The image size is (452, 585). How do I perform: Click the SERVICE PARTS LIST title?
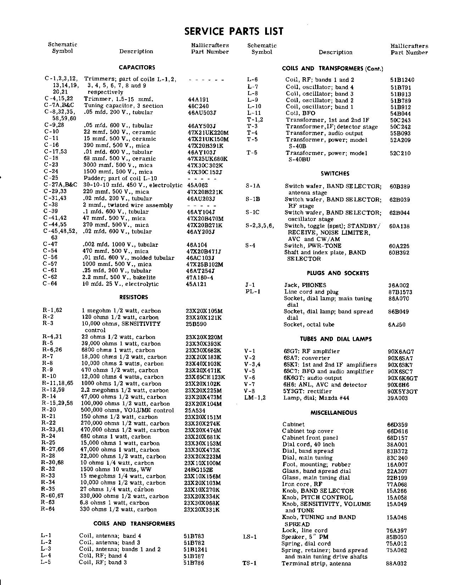click(x=234, y=31)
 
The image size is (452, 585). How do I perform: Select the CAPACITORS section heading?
click(x=137, y=67)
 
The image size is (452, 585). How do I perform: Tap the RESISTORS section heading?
click(x=134, y=297)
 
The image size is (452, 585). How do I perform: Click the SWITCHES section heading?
click(x=335, y=173)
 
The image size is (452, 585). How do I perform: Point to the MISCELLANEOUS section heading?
click(x=334, y=413)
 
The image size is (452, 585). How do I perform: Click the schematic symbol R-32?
click(x=48, y=469)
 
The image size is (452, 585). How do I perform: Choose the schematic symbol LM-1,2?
click(x=255, y=398)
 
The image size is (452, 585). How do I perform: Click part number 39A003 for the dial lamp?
click(x=397, y=398)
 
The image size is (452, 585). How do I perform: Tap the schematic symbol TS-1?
click(x=249, y=563)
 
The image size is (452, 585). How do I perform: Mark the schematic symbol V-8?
click(x=250, y=391)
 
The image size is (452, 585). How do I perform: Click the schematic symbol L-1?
click(x=46, y=536)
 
